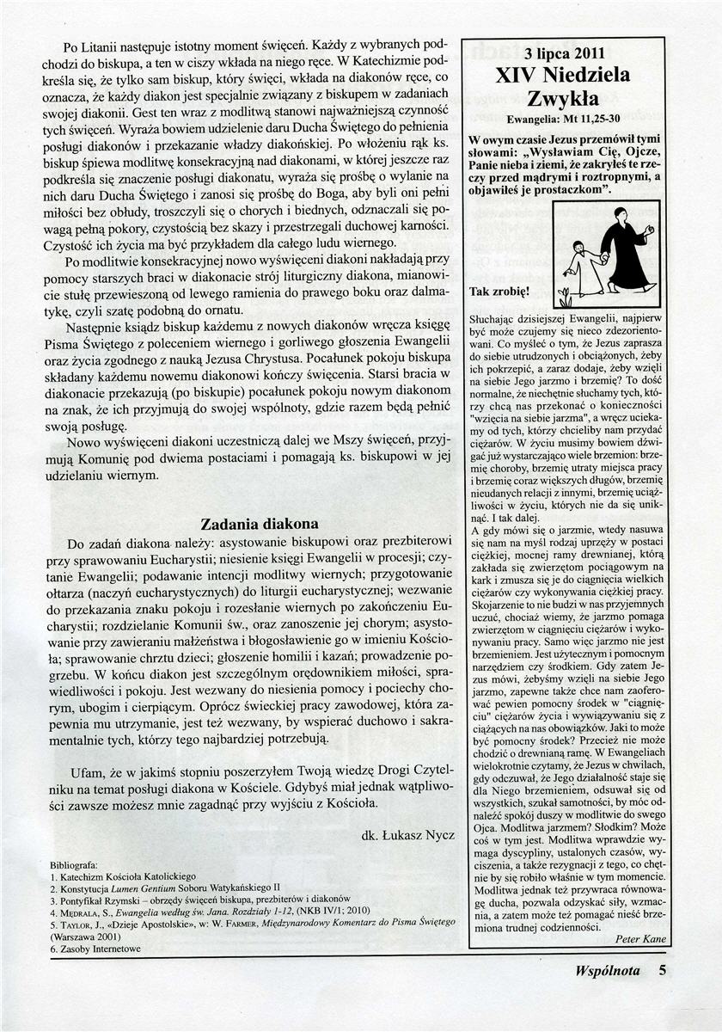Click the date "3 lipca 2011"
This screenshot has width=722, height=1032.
(x=563, y=52)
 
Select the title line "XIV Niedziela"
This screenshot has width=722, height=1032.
(x=563, y=75)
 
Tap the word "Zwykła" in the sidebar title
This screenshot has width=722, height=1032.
(x=563, y=99)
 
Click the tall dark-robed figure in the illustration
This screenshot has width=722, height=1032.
(x=626, y=249)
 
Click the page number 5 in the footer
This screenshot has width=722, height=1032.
(x=663, y=971)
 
